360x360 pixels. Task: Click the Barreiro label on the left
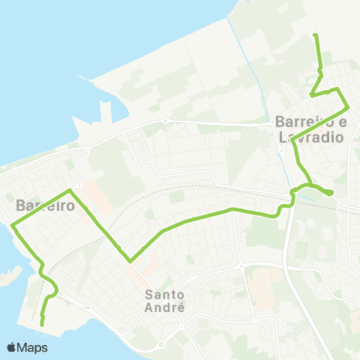45,205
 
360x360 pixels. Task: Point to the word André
165,307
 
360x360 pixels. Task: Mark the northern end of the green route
315,35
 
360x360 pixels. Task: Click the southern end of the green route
42,323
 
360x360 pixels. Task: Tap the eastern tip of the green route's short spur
331,193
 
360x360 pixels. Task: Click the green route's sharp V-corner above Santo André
130,261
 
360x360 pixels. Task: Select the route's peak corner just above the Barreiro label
70,190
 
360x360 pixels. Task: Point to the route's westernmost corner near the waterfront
13,225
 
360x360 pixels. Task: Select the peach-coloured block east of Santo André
262,285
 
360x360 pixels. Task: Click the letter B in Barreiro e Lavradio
280,121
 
